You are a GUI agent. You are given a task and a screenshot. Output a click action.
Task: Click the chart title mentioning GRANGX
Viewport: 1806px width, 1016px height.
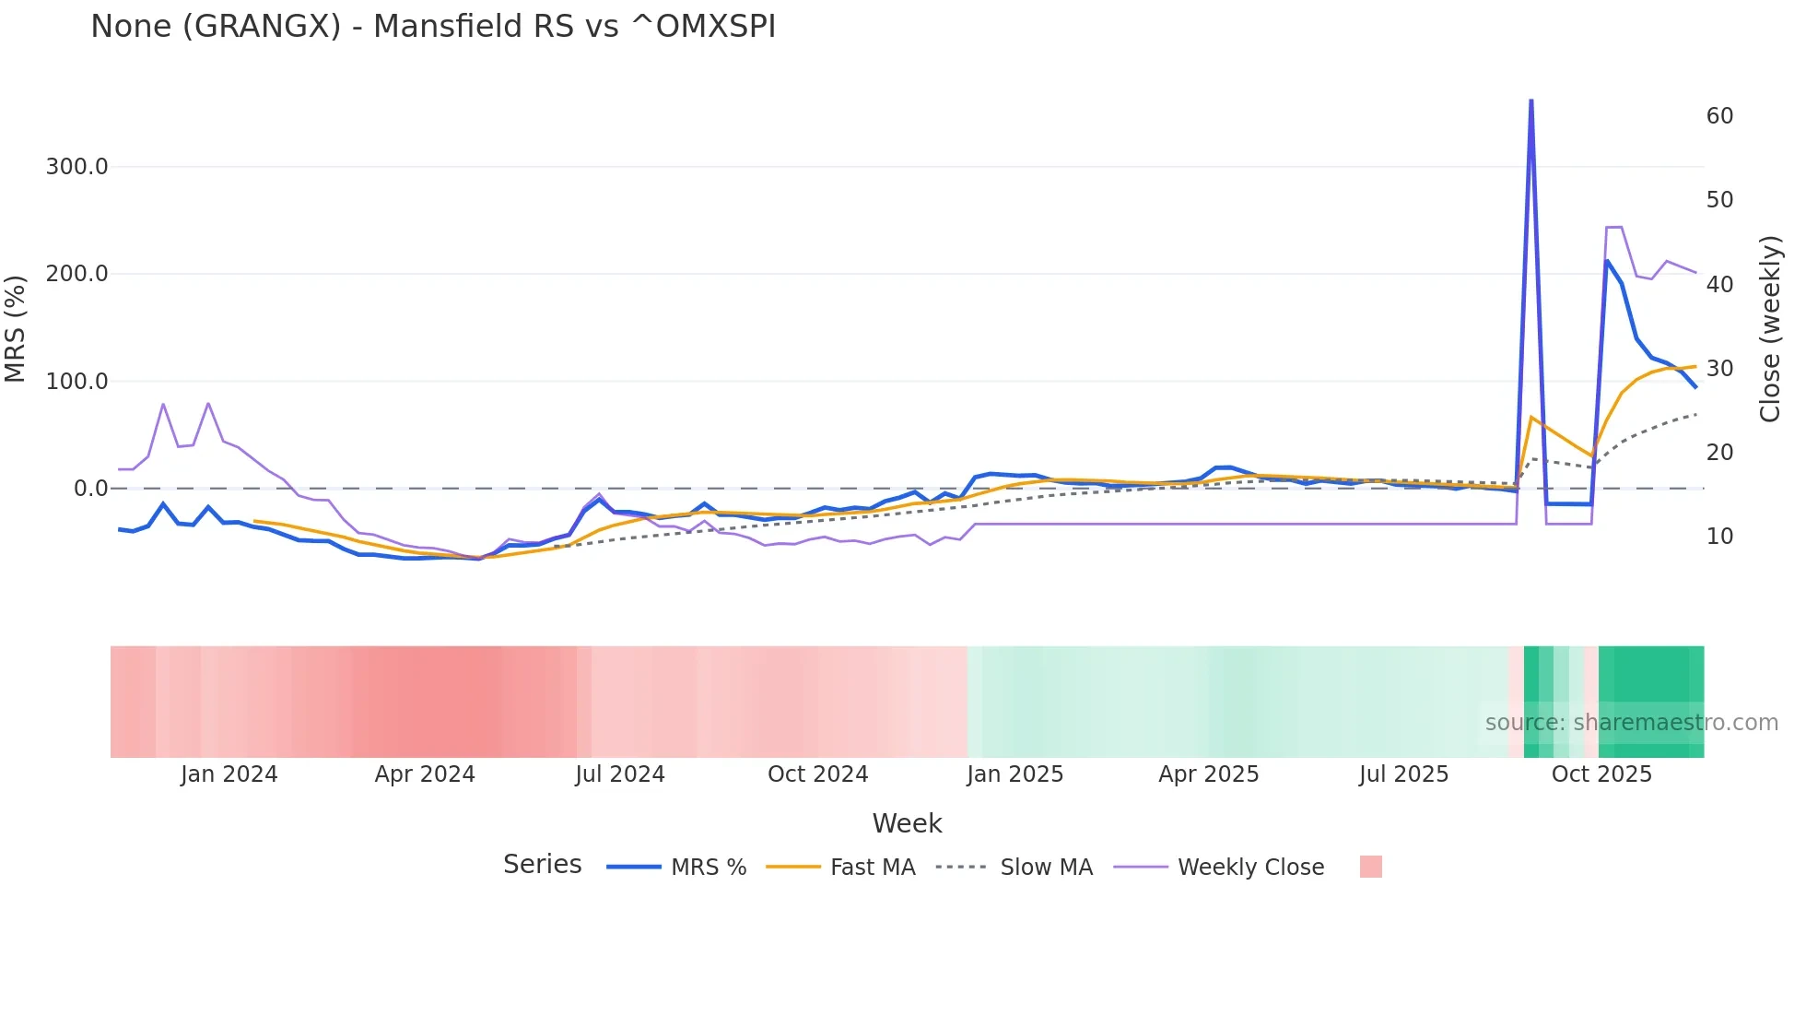pos(433,26)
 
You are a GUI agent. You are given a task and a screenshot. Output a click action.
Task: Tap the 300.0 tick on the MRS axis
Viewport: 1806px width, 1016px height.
pos(77,167)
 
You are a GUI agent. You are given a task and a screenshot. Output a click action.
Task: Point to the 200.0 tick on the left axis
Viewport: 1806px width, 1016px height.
pos(77,274)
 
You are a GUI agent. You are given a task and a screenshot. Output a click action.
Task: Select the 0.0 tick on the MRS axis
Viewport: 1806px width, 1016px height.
pos(91,489)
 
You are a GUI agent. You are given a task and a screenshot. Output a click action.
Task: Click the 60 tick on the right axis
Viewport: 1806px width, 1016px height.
pos(1719,116)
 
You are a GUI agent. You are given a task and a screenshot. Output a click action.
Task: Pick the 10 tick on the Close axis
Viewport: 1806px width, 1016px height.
pos(1719,537)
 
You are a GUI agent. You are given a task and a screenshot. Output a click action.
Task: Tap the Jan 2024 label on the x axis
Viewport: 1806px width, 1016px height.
pos(229,774)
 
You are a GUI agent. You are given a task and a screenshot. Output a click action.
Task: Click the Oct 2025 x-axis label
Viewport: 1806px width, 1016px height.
pos(1601,774)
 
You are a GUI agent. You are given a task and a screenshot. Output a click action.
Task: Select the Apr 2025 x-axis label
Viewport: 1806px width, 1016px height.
pos(1208,774)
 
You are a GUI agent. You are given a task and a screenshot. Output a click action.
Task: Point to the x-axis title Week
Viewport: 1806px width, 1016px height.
pos(907,823)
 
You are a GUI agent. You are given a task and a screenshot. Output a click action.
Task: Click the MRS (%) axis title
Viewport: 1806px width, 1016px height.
pos(16,328)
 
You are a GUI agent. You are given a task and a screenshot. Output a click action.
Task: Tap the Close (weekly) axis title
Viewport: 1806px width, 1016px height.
pos(1770,328)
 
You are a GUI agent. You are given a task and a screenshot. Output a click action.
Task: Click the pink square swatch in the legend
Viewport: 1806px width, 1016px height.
pos(1370,867)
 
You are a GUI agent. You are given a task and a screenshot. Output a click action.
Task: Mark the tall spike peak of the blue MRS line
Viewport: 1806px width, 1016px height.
pos(1530,100)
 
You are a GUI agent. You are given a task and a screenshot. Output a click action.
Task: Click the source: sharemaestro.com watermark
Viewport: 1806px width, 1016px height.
pos(1631,723)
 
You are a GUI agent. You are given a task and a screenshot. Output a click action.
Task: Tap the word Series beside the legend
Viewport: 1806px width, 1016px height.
pos(542,865)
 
